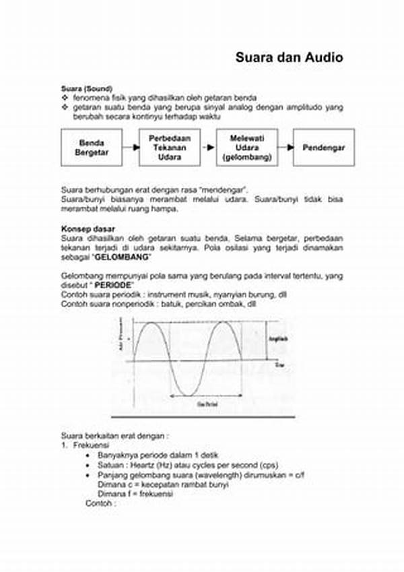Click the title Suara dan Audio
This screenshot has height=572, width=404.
coord(289,58)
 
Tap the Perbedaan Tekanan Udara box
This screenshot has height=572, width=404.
coord(169,148)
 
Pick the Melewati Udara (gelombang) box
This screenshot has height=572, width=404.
coord(247,148)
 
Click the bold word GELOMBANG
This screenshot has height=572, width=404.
coord(123,258)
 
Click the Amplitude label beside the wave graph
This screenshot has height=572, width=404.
coord(278,339)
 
